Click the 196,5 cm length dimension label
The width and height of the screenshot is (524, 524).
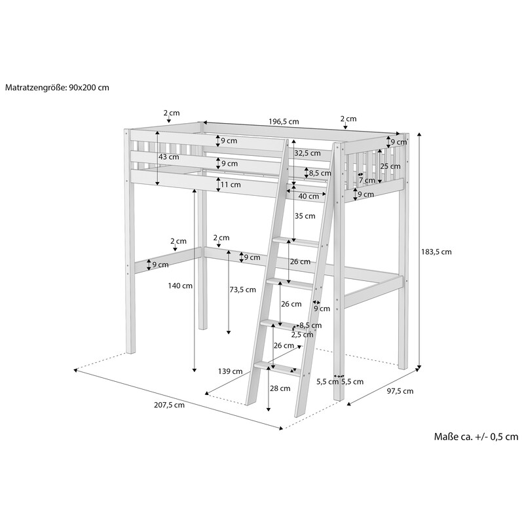284,122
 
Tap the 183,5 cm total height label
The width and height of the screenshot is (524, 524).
436,252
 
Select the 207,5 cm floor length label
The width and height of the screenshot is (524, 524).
169,405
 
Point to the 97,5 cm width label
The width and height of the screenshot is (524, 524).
400,391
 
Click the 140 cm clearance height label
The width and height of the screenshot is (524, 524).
180,286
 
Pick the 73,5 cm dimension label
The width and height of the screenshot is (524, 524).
242,290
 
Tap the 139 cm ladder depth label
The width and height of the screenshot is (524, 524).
231,371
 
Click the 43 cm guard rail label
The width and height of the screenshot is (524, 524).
169,157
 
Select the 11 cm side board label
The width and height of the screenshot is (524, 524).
231,185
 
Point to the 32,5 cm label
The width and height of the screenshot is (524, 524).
307,153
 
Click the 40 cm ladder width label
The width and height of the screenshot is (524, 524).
309,196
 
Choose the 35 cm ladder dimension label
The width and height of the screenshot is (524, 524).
305,216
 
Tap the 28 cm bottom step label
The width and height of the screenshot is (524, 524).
280,388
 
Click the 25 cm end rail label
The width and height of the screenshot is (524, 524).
390,166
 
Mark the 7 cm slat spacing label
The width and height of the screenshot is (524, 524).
367,181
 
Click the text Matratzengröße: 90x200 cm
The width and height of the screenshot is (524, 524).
57,88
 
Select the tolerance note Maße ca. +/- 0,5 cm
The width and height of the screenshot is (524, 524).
476,436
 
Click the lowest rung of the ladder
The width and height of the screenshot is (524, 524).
277,368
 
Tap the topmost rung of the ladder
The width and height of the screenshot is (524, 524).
295,242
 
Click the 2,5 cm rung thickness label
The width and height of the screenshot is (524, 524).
302,335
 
